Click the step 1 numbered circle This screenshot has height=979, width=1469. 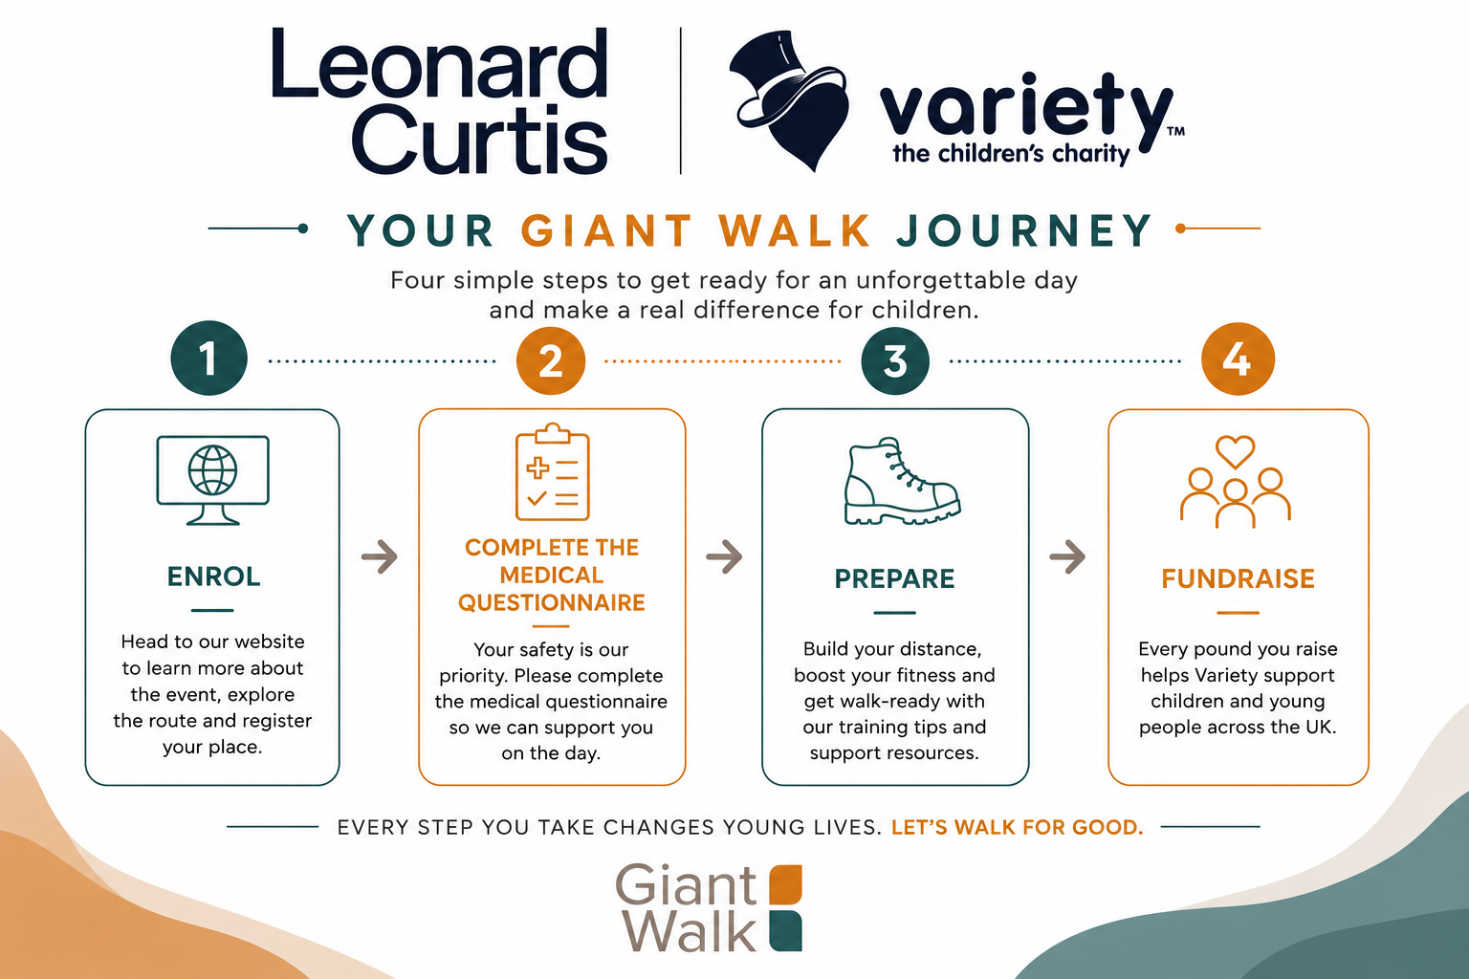click(209, 358)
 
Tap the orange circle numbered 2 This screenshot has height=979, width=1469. click(551, 360)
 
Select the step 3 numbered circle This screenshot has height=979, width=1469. click(895, 360)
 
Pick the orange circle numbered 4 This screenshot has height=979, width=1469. click(1239, 359)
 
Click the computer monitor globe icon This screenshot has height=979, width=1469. click(212, 480)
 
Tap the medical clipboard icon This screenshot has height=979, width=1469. click(552, 472)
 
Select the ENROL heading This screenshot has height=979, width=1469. click(214, 577)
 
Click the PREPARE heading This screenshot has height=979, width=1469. click(894, 578)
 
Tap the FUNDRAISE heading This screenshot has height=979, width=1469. click(1239, 578)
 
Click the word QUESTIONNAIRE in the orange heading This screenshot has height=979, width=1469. click(552, 602)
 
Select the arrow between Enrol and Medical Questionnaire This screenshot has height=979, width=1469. click(380, 557)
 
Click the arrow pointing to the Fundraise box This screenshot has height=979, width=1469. click(1067, 557)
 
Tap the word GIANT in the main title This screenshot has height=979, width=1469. click(606, 230)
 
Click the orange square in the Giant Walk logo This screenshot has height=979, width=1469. click(785, 884)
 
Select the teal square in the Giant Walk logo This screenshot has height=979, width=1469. click(785, 931)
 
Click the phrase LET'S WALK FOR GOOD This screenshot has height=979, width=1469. click(1018, 827)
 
